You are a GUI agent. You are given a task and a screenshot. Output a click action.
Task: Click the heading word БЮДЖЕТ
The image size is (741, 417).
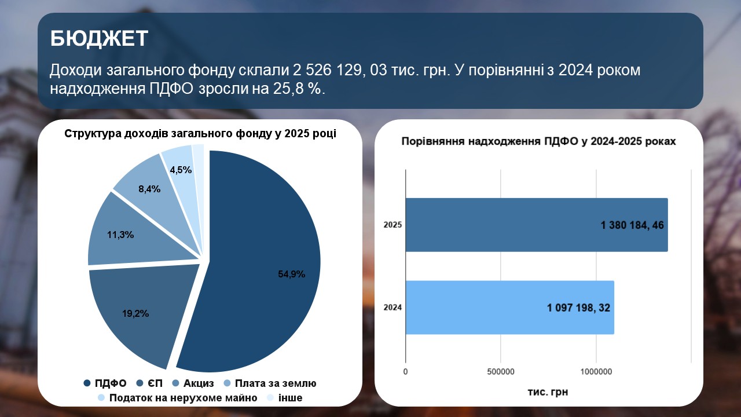click(x=99, y=38)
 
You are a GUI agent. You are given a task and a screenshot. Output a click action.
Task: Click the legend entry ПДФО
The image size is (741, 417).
click(x=105, y=383)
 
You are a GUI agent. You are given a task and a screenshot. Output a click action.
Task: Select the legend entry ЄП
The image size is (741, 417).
click(x=149, y=383)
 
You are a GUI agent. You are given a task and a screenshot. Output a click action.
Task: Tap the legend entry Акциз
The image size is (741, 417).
click(x=193, y=383)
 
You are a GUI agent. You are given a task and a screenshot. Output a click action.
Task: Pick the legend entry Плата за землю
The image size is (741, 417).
click(x=270, y=383)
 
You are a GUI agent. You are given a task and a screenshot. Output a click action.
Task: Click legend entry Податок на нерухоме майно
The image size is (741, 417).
click(x=178, y=398)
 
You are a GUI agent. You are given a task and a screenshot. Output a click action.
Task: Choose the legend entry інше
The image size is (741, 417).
click(x=285, y=398)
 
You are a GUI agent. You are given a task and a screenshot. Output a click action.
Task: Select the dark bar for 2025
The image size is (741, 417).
click(x=537, y=225)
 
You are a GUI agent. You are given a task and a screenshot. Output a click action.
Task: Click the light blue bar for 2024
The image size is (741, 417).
click(x=510, y=308)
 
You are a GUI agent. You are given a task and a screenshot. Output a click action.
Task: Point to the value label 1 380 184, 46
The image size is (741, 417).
click(x=632, y=225)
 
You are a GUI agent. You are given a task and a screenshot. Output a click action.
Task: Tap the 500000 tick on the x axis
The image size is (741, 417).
click(x=501, y=372)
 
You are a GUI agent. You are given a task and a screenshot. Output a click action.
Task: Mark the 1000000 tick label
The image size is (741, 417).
click(x=596, y=372)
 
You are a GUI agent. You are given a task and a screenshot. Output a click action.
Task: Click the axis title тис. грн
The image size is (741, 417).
click(x=548, y=392)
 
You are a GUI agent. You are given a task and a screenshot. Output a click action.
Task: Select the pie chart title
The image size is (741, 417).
click(x=200, y=133)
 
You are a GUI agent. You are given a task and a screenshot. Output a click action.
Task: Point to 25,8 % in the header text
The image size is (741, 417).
click(x=297, y=89)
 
